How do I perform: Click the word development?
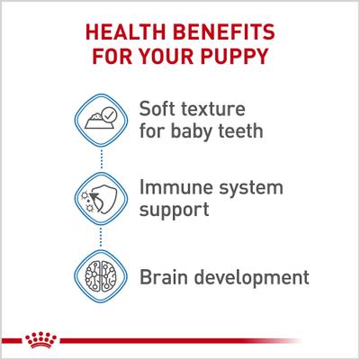click(x=256, y=274)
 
